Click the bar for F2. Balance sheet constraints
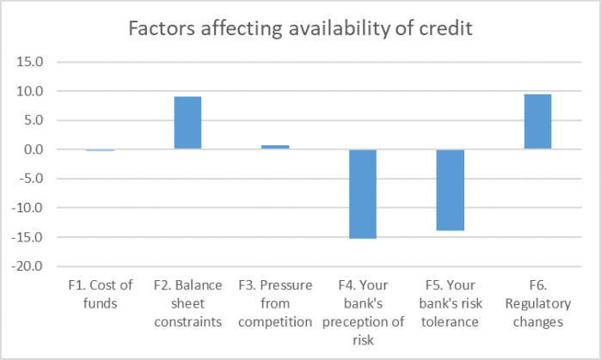[x=187, y=123]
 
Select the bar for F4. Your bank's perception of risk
[x=362, y=193]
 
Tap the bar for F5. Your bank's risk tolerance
[x=450, y=190]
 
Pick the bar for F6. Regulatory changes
[x=537, y=121]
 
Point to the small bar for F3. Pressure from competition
[x=275, y=148]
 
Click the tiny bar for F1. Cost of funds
[x=101, y=150]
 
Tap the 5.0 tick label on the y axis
[x=34, y=120]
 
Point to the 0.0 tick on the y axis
[x=34, y=149]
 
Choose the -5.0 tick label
[x=32, y=179]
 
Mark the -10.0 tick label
[x=29, y=208]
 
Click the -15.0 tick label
[x=29, y=237]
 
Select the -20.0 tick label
[x=29, y=266]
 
